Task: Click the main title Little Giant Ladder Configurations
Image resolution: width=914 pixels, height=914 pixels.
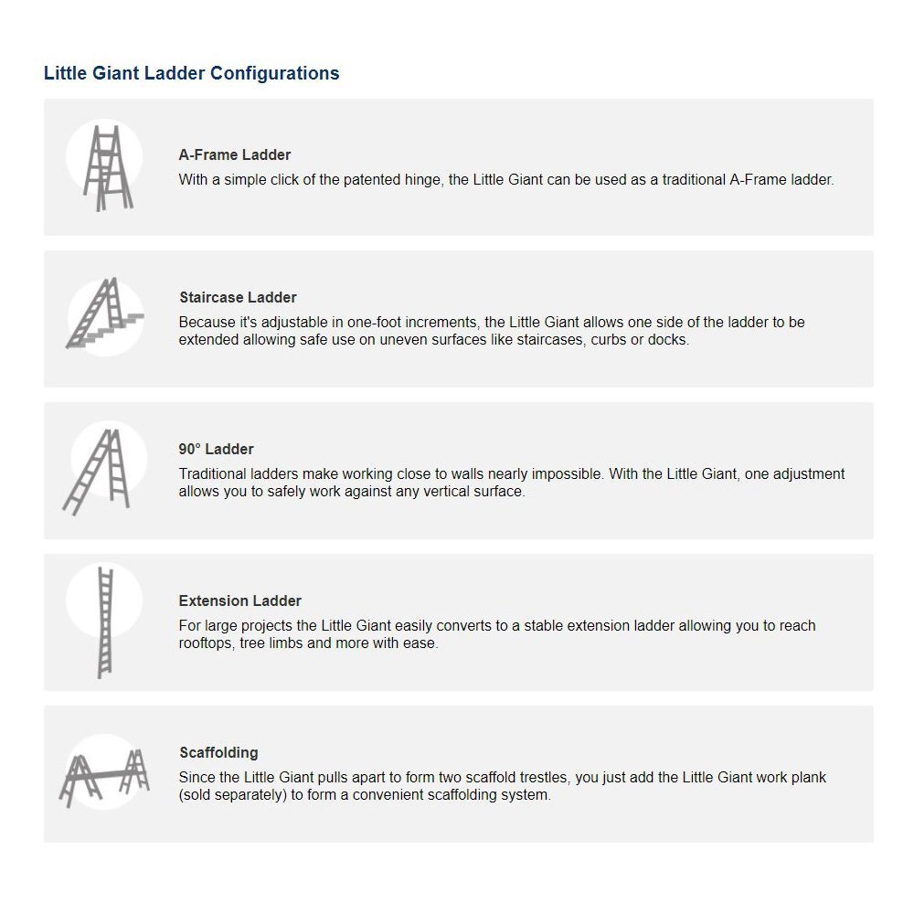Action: (191, 73)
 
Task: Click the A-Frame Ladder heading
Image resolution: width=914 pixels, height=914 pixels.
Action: (235, 155)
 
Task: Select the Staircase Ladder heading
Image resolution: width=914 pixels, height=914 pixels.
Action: (238, 298)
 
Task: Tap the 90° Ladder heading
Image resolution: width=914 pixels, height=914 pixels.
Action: (217, 450)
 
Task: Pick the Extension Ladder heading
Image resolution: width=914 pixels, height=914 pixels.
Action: (240, 601)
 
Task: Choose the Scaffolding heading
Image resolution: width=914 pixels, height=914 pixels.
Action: (218, 753)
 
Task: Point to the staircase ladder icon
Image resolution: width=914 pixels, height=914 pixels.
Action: (103, 314)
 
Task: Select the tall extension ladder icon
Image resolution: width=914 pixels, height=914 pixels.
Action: (104, 622)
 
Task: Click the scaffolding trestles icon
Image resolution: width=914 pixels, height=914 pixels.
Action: (104, 775)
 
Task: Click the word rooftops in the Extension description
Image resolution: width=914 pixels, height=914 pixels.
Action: (207, 643)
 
